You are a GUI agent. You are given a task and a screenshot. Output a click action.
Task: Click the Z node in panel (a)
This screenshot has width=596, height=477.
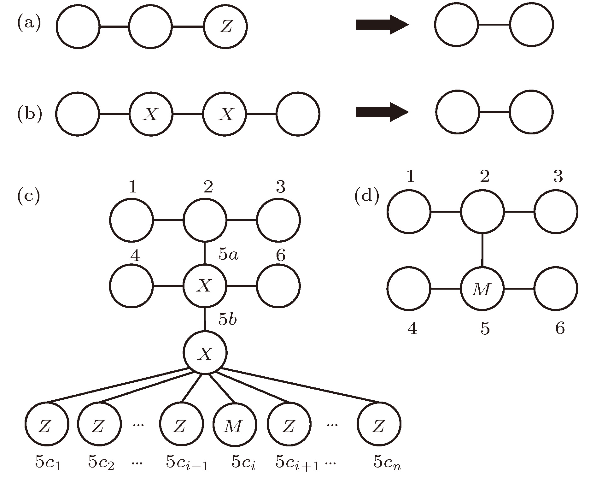click(225, 27)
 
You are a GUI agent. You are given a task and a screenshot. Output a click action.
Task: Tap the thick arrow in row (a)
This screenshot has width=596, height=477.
click(382, 24)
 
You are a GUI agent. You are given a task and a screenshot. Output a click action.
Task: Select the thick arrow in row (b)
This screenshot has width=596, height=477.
click(382, 112)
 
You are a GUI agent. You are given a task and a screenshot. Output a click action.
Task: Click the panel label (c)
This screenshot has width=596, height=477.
click(29, 195)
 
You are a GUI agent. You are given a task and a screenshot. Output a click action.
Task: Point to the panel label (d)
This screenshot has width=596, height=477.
click(366, 197)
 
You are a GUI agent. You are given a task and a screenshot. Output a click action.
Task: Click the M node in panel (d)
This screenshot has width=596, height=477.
click(482, 289)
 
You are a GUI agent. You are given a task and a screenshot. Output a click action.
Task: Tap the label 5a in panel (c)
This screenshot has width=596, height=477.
click(229, 254)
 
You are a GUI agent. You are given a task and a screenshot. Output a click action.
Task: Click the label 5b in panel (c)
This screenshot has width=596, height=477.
click(228, 320)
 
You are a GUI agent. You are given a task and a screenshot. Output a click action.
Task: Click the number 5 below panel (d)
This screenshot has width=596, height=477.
click(485, 329)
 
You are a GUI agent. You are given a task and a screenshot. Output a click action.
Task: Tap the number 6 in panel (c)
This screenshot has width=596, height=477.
click(280, 255)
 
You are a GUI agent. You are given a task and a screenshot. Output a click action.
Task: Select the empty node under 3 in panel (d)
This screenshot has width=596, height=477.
click(556, 212)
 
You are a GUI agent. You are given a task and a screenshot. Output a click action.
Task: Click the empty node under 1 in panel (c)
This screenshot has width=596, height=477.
click(131, 220)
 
